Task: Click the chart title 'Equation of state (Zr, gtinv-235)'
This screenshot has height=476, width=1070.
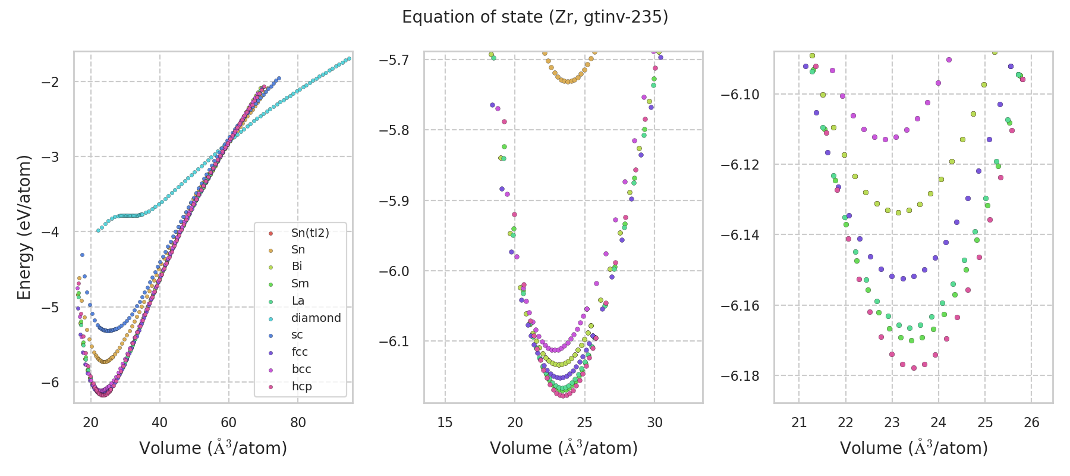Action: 535,17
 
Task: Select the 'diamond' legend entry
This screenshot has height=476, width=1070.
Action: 316,318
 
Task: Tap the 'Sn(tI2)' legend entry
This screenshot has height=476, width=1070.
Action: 310,233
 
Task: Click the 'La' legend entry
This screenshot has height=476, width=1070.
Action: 298,300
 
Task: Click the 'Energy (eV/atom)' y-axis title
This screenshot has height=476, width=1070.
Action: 24,227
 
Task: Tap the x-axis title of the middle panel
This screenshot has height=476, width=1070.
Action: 564,448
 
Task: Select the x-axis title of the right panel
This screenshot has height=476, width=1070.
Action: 914,448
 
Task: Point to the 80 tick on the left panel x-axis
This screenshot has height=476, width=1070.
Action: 298,422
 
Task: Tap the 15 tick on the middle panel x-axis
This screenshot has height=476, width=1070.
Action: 445,422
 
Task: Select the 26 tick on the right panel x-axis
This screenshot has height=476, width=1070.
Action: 1031,422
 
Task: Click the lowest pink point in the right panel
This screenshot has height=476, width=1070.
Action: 914,368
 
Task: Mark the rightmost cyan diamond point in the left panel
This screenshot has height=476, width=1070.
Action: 349,58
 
